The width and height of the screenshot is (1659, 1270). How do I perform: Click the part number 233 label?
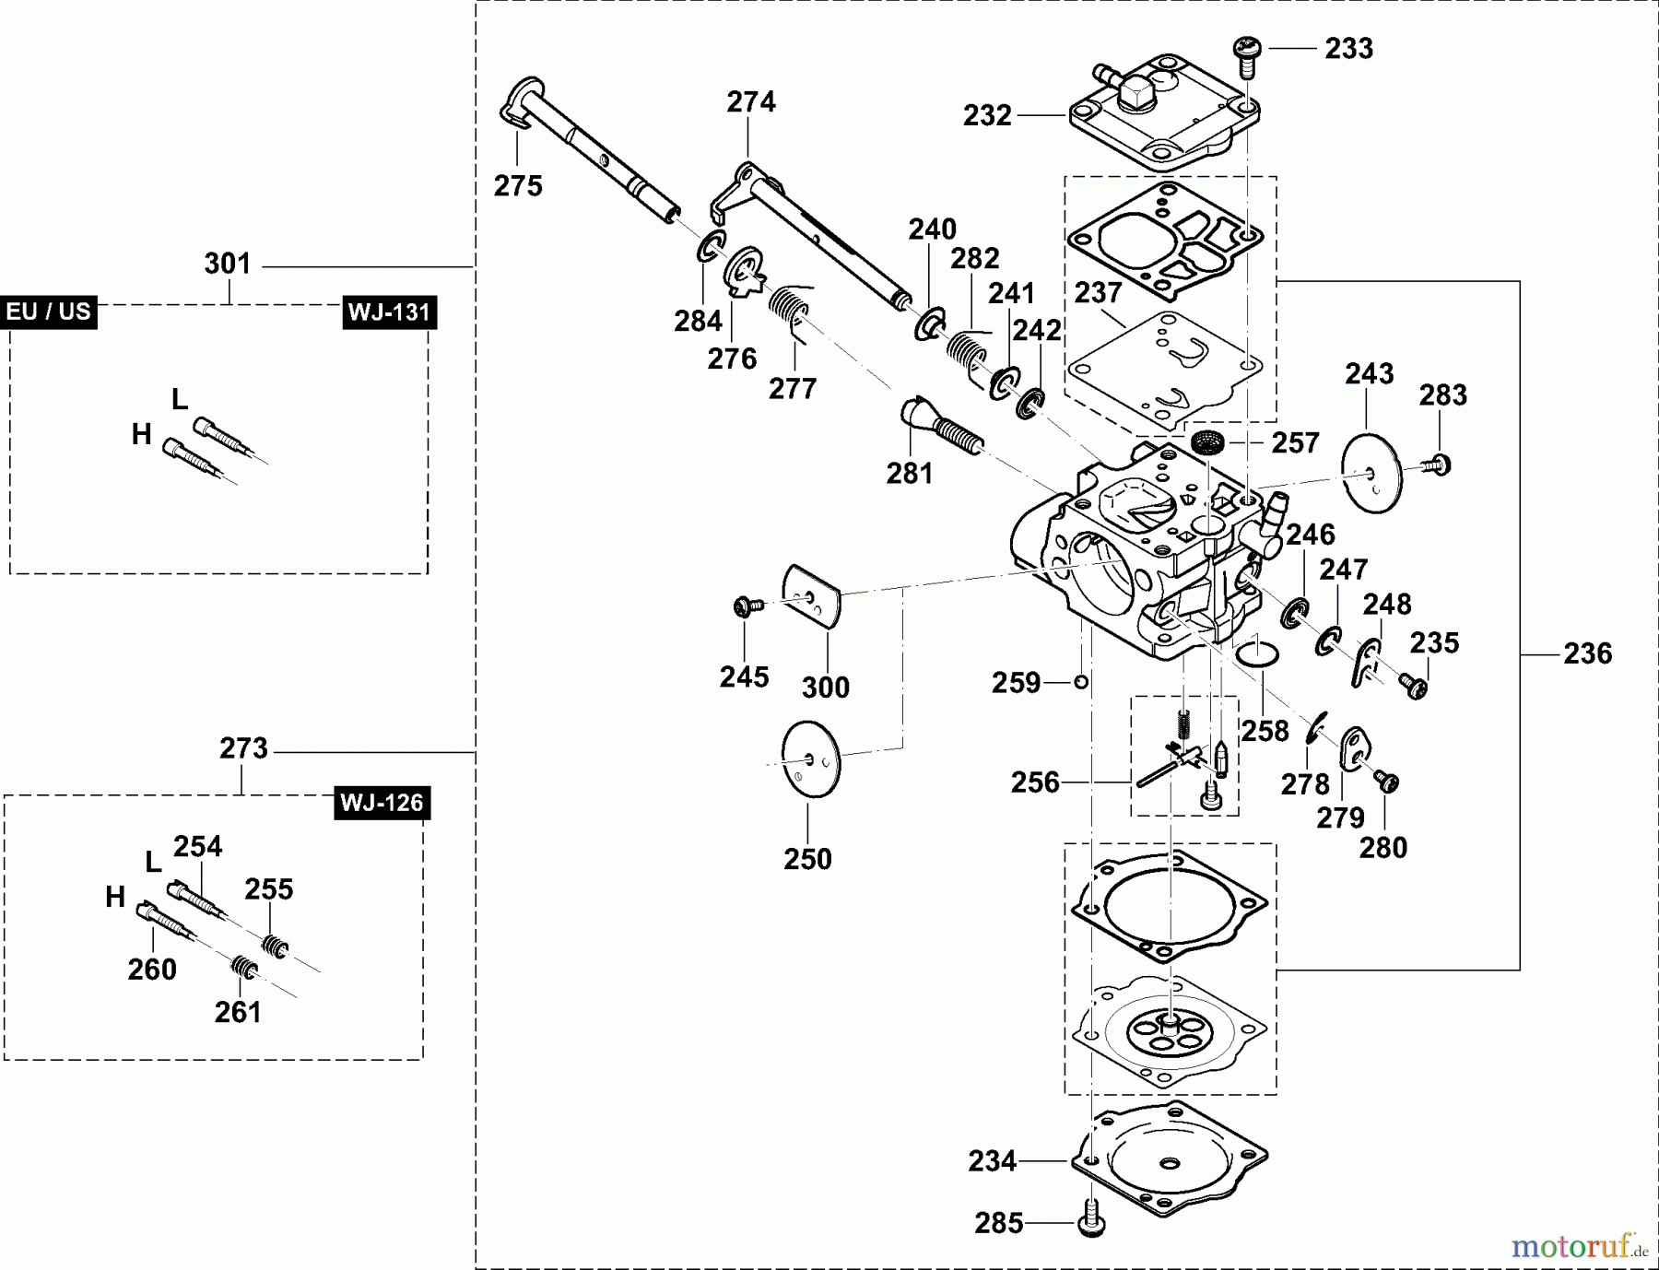(x=1348, y=49)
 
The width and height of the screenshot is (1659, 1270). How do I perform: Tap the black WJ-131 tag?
(x=389, y=312)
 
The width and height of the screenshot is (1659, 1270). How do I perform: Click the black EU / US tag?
(x=49, y=312)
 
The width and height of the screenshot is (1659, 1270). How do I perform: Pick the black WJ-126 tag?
(x=382, y=803)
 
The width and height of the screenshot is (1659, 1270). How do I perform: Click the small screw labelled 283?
(x=1438, y=465)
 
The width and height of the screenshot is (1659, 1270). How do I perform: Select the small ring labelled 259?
(x=1081, y=682)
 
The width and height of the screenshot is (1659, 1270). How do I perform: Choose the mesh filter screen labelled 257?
(x=1204, y=442)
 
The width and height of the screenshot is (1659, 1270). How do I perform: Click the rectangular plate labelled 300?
(x=812, y=596)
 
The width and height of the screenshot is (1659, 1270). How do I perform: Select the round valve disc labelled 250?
(x=810, y=759)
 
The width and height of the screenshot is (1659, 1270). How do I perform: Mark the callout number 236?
(x=1587, y=654)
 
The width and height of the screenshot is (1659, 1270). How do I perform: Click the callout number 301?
(x=228, y=265)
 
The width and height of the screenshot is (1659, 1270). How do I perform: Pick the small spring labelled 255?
(x=272, y=946)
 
